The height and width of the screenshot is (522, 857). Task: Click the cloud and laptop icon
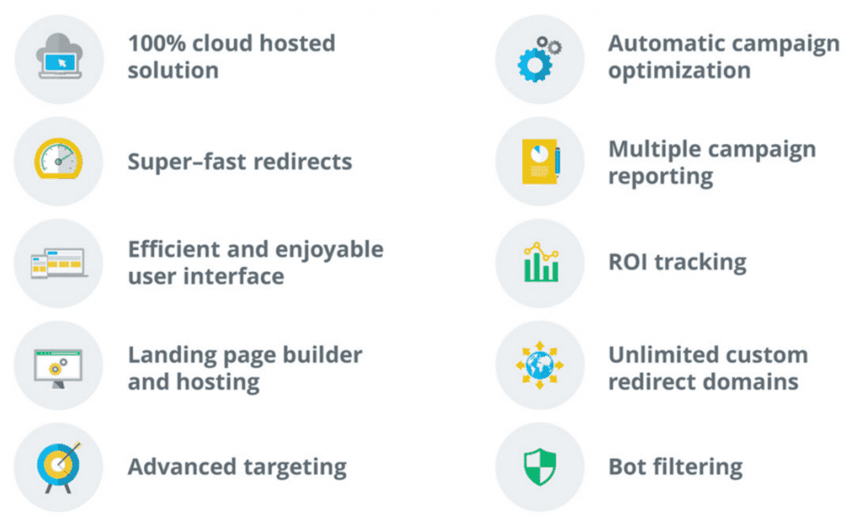(x=59, y=56)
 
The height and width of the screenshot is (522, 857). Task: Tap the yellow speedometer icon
(x=59, y=158)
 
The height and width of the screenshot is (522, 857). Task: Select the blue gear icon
(x=535, y=64)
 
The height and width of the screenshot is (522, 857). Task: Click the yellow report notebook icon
(x=541, y=161)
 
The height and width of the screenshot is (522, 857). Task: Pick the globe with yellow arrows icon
(x=540, y=365)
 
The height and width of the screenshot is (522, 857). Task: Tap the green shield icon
(x=540, y=467)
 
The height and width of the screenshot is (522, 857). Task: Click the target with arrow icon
(x=59, y=467)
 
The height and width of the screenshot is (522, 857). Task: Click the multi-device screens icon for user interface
(x=59, y=264)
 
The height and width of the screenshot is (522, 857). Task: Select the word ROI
(x=628, y=262)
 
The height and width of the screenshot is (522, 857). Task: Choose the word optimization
(x=680, y=71)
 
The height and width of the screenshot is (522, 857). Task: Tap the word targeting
(x=295, y=468)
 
